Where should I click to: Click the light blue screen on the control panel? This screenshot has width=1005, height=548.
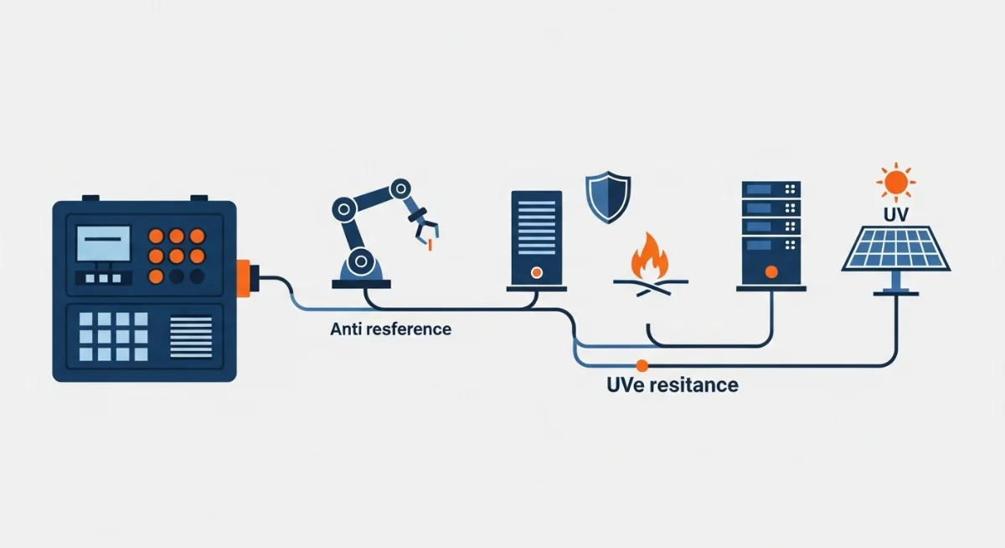point(104,243)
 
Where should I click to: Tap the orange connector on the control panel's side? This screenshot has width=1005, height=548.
point(244,277)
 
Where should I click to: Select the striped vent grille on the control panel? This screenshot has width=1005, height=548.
point(192,335)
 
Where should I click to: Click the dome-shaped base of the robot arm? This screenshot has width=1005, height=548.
point(361,269)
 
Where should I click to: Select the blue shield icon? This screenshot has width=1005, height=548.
point(606,199)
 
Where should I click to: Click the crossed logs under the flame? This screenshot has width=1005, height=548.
point(648,285)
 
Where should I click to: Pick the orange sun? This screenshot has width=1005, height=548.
point(895,182)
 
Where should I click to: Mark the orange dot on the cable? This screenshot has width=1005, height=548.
point(642,364)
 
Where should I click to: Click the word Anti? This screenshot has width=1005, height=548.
point(347,329)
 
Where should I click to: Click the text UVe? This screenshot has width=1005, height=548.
point(628,385)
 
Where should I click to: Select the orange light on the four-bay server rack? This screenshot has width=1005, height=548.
point(771,271)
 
